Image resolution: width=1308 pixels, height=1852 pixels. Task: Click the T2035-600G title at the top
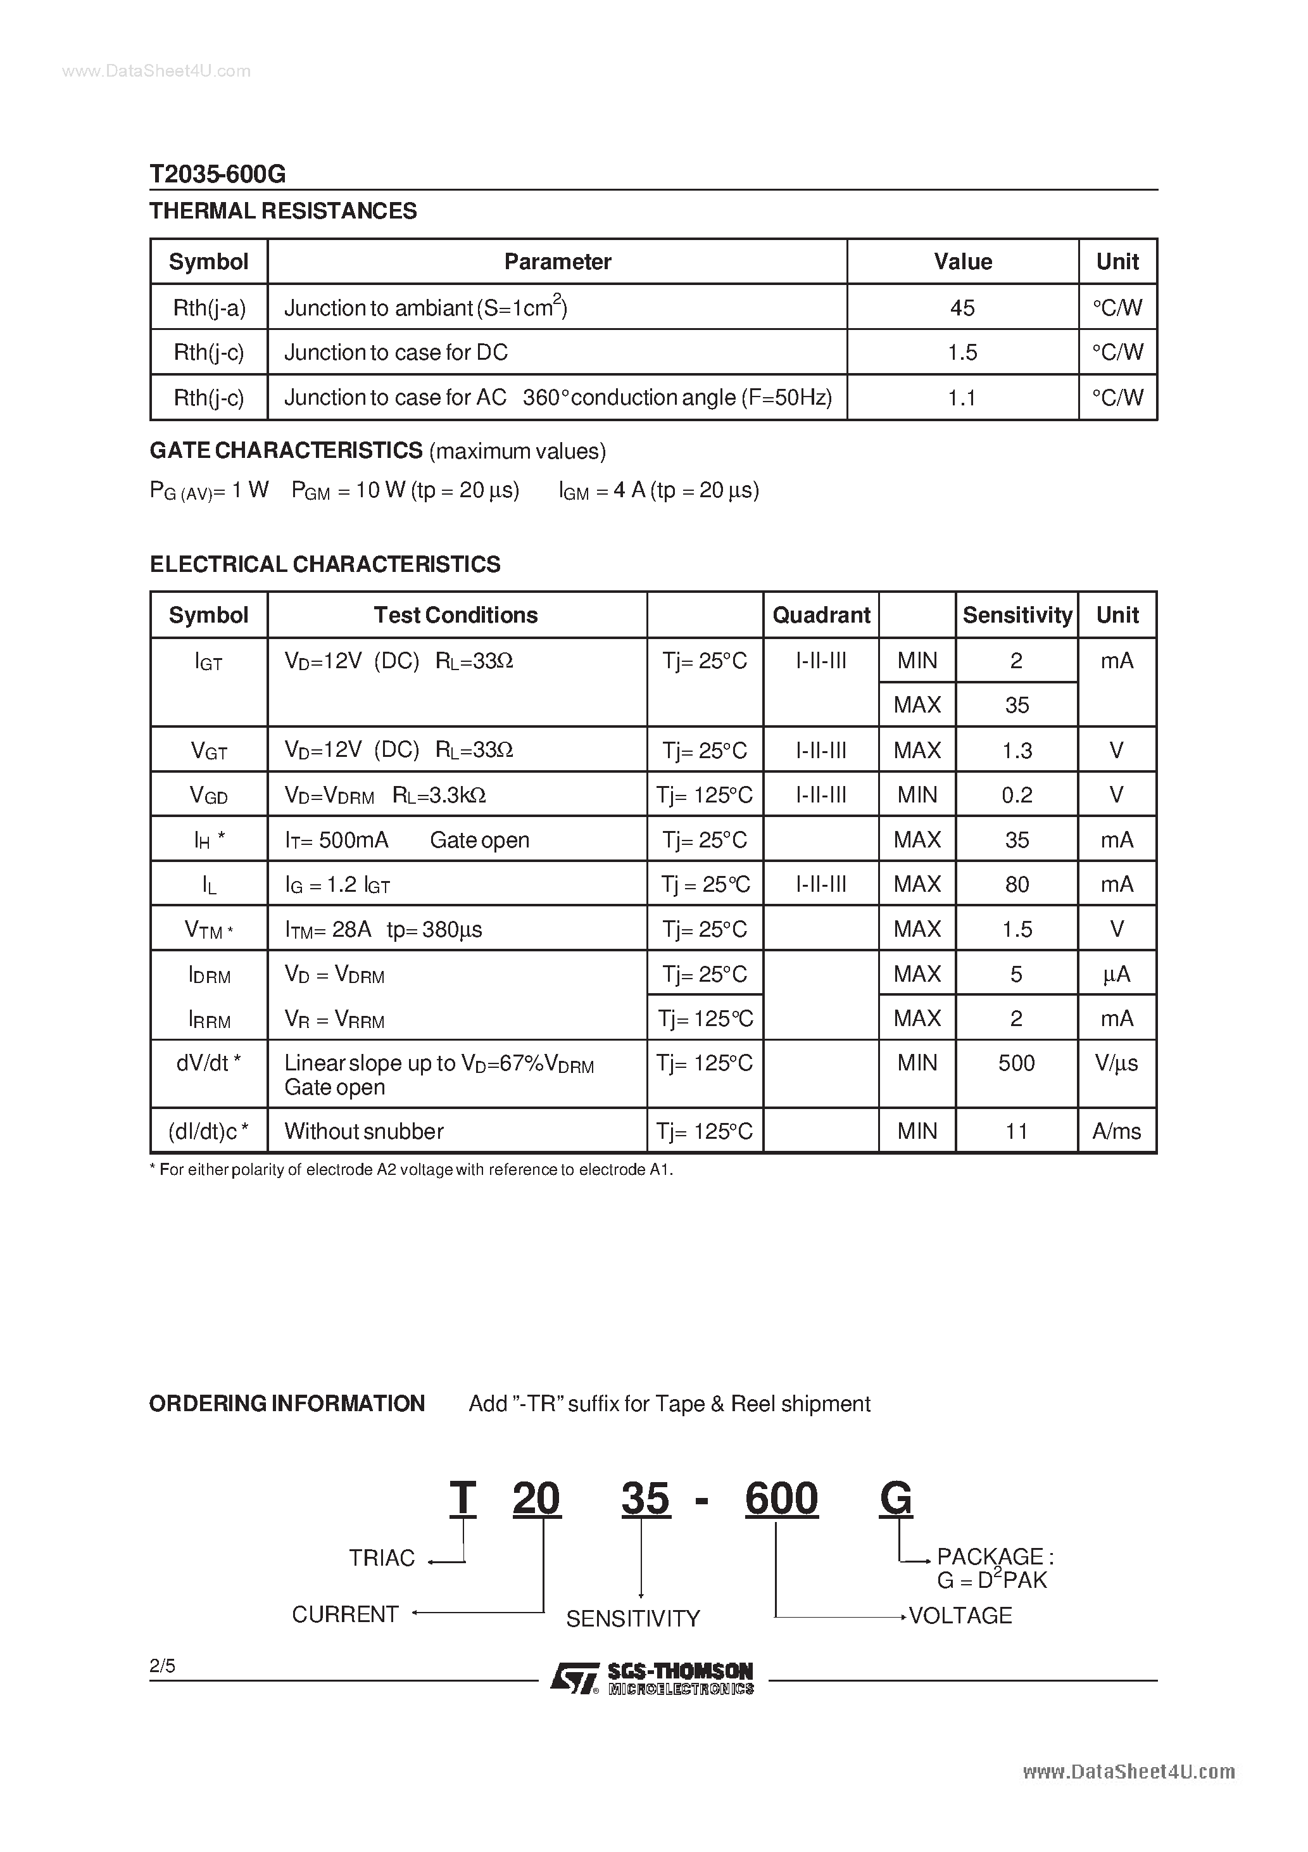click(218, 174)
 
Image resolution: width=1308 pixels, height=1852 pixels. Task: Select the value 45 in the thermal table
click(962, 307)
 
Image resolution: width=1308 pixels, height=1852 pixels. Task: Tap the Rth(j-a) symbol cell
click(209, 307)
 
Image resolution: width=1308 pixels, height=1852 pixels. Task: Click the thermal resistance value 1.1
click(962, 397)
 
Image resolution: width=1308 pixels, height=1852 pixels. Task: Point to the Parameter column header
click(557, 262)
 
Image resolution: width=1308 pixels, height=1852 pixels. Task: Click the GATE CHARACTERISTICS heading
click(286, 450)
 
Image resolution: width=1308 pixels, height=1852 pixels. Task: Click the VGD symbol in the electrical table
click(209, 796)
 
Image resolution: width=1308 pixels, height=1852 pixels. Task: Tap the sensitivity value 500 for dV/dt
click(1016, 1063)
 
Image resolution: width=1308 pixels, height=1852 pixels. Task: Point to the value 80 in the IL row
click(1016, 885)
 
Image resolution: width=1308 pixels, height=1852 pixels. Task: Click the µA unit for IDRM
click(1117, 974)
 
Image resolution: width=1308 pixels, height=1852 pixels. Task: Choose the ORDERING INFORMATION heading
click(287, 1404)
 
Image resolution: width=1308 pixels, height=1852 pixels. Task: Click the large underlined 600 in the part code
click(781, 1499)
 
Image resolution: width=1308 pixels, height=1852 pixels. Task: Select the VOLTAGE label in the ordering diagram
click(960, 1616)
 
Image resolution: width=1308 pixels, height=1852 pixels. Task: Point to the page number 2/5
click(162, 1666)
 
